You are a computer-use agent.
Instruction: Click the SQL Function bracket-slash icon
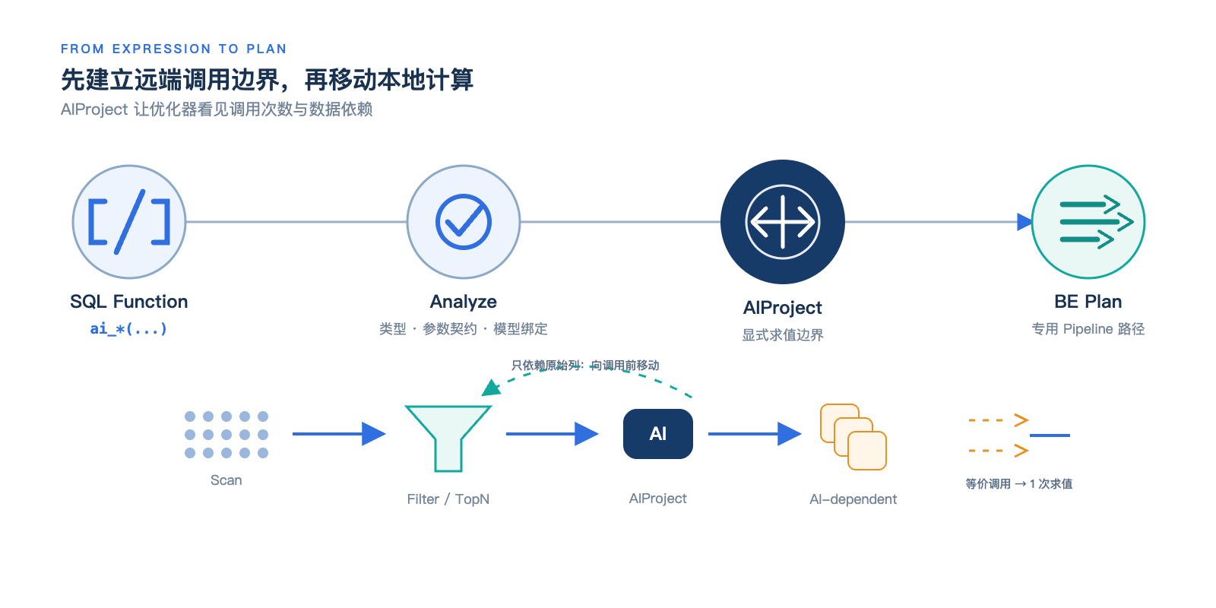tap(129, 221)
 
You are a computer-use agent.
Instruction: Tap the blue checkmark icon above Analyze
tap(464, 221)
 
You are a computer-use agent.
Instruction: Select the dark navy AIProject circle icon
tap(782, 221)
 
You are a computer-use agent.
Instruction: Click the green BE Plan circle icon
tap(1088, 221)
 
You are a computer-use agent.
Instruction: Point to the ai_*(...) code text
tap(128, 328)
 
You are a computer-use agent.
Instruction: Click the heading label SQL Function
tap(128, 301)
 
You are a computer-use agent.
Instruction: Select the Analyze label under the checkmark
tap(463, 302)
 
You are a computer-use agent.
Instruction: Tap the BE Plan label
tap(1088, 301)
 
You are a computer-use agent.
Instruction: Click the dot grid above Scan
tap(226, 434)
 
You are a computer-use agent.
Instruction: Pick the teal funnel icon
tap(448, 439)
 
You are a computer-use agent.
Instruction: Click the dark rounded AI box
tap(658, 434)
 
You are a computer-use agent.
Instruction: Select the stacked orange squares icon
tap(853, 437)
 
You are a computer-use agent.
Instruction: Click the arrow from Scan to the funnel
tap(339, 434)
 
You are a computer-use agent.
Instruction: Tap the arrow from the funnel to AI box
tap(553, 434)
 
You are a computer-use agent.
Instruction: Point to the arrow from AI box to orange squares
tap(755, 434)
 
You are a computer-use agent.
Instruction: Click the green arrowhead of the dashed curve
tap(491, 388)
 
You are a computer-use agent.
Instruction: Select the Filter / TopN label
tap(448, 499)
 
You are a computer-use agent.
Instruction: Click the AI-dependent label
tap(853, 499)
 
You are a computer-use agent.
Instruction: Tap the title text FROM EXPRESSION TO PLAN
tap(174, 49)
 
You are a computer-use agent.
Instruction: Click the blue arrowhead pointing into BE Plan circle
tap(1024, 221)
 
